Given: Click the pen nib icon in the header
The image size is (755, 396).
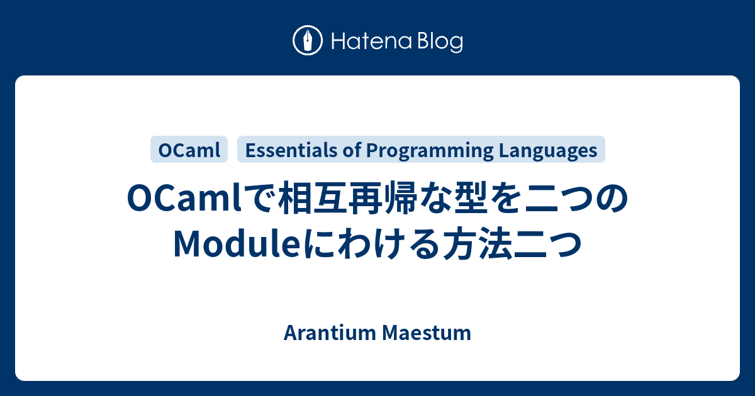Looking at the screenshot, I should coord(308,41).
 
